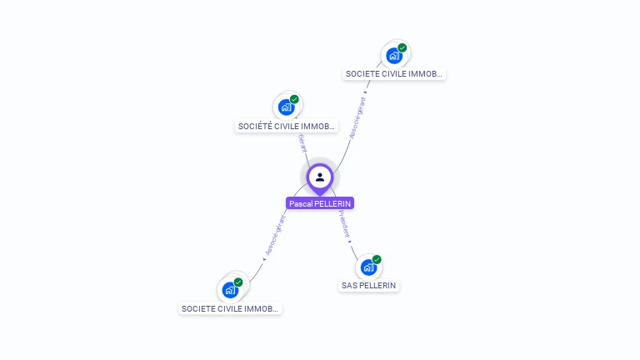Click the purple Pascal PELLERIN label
320,203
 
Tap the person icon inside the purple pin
320,177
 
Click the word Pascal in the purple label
302,203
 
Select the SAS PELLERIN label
369,286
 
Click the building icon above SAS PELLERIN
368,267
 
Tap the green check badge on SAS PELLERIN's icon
377,259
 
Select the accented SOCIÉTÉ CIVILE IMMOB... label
287,127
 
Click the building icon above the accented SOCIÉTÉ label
286,107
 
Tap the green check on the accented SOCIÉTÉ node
294,99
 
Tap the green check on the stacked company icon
238,282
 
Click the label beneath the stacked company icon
231,309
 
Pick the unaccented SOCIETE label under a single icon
394,74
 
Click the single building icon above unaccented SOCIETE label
393,56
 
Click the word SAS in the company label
349,286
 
